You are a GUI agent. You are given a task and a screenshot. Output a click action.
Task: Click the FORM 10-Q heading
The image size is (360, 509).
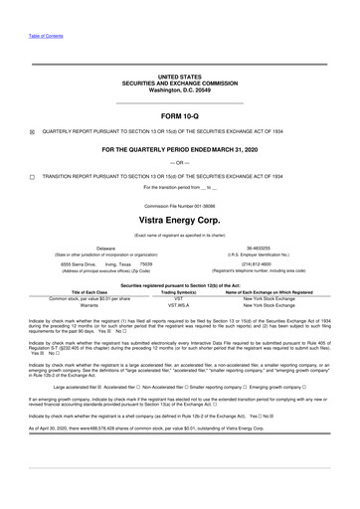pyautogui.click(x=180, y=114)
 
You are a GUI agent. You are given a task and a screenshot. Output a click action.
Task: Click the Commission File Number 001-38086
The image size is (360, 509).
pyautogui.click(x=180, y=203)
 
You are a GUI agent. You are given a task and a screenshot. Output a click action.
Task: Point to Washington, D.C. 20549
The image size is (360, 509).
pyautogui.click(x=180, y=90)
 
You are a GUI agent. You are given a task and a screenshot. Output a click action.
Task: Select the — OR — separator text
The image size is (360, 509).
pyautogui.click(x=180, y=161)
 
